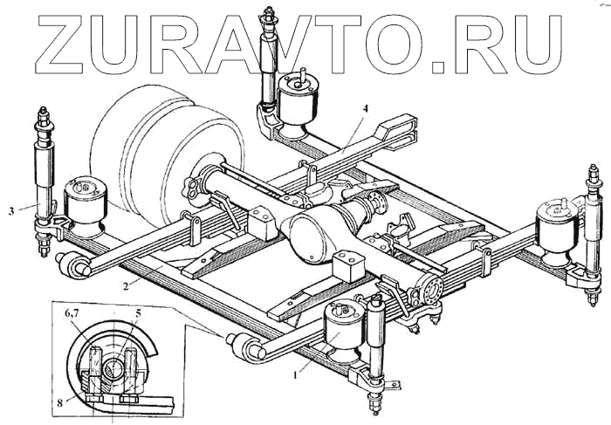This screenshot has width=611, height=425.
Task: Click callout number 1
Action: pos(297,374)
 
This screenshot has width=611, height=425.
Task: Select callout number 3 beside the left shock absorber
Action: pos(10,209)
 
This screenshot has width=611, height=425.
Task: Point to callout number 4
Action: pos(367,108)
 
